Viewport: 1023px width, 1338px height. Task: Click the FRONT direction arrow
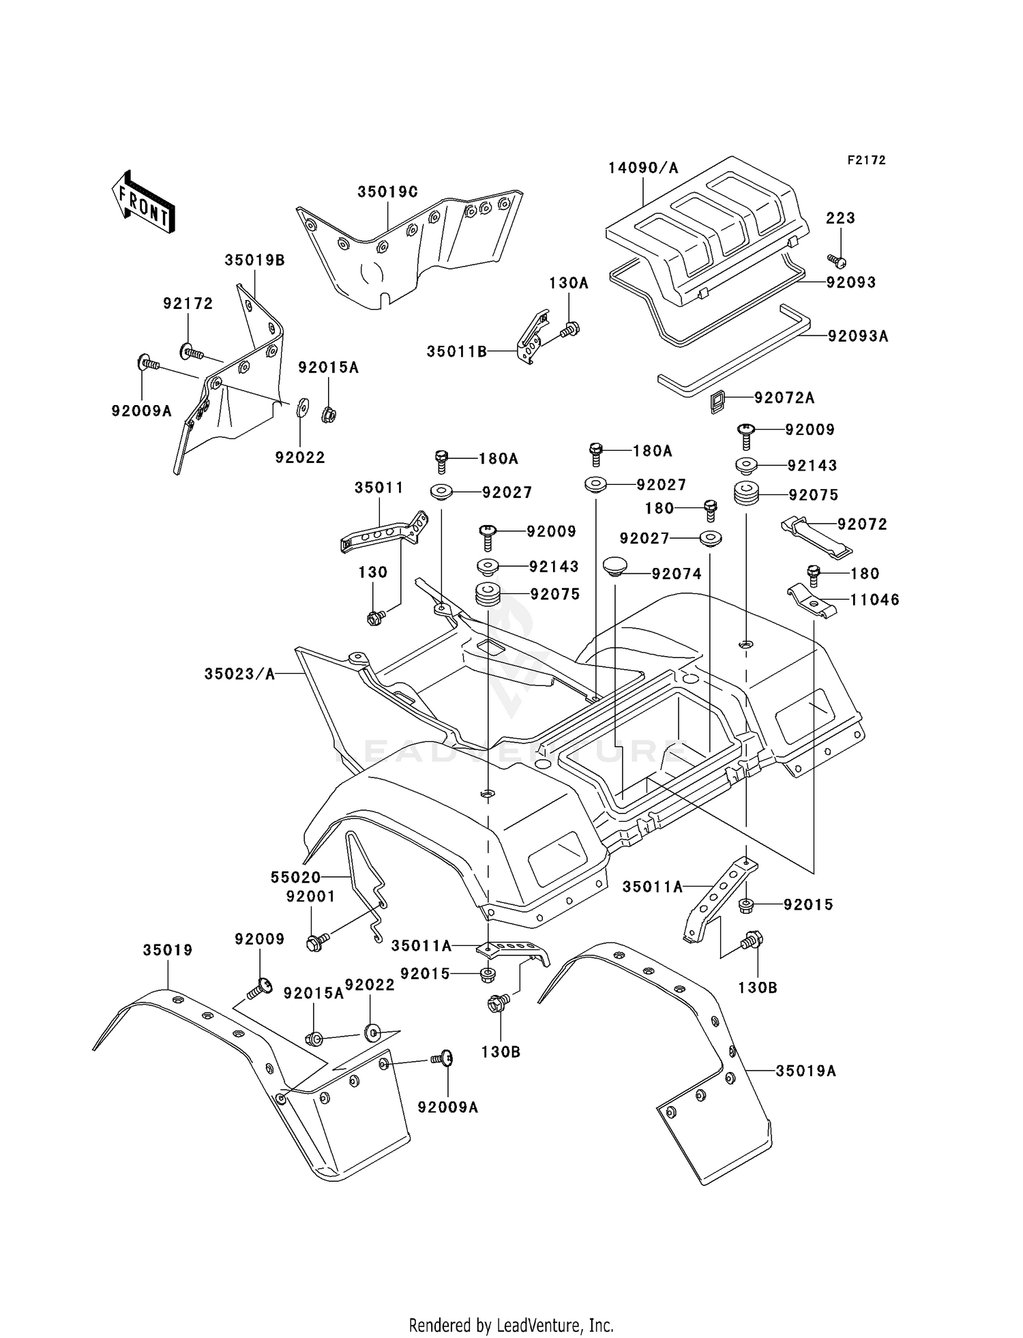143,203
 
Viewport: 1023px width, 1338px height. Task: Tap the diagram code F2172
866,160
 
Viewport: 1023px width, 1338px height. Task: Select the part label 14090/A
643,168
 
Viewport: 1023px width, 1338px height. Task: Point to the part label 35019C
387,192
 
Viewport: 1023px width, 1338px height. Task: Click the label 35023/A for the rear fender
239,674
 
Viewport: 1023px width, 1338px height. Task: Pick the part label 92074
676,574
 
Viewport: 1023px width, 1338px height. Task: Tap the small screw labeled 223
837,260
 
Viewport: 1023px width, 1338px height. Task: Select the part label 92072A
784,398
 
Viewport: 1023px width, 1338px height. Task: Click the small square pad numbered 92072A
716,402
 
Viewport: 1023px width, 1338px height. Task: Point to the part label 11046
875,599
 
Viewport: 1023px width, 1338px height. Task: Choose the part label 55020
295,877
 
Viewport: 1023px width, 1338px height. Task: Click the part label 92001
310,897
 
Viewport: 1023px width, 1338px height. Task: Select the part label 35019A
805,1071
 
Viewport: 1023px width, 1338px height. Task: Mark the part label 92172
188,303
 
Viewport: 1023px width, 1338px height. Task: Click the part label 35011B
457,351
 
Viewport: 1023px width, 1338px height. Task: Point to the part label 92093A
858,336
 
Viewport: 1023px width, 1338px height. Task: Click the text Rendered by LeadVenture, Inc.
512,1325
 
